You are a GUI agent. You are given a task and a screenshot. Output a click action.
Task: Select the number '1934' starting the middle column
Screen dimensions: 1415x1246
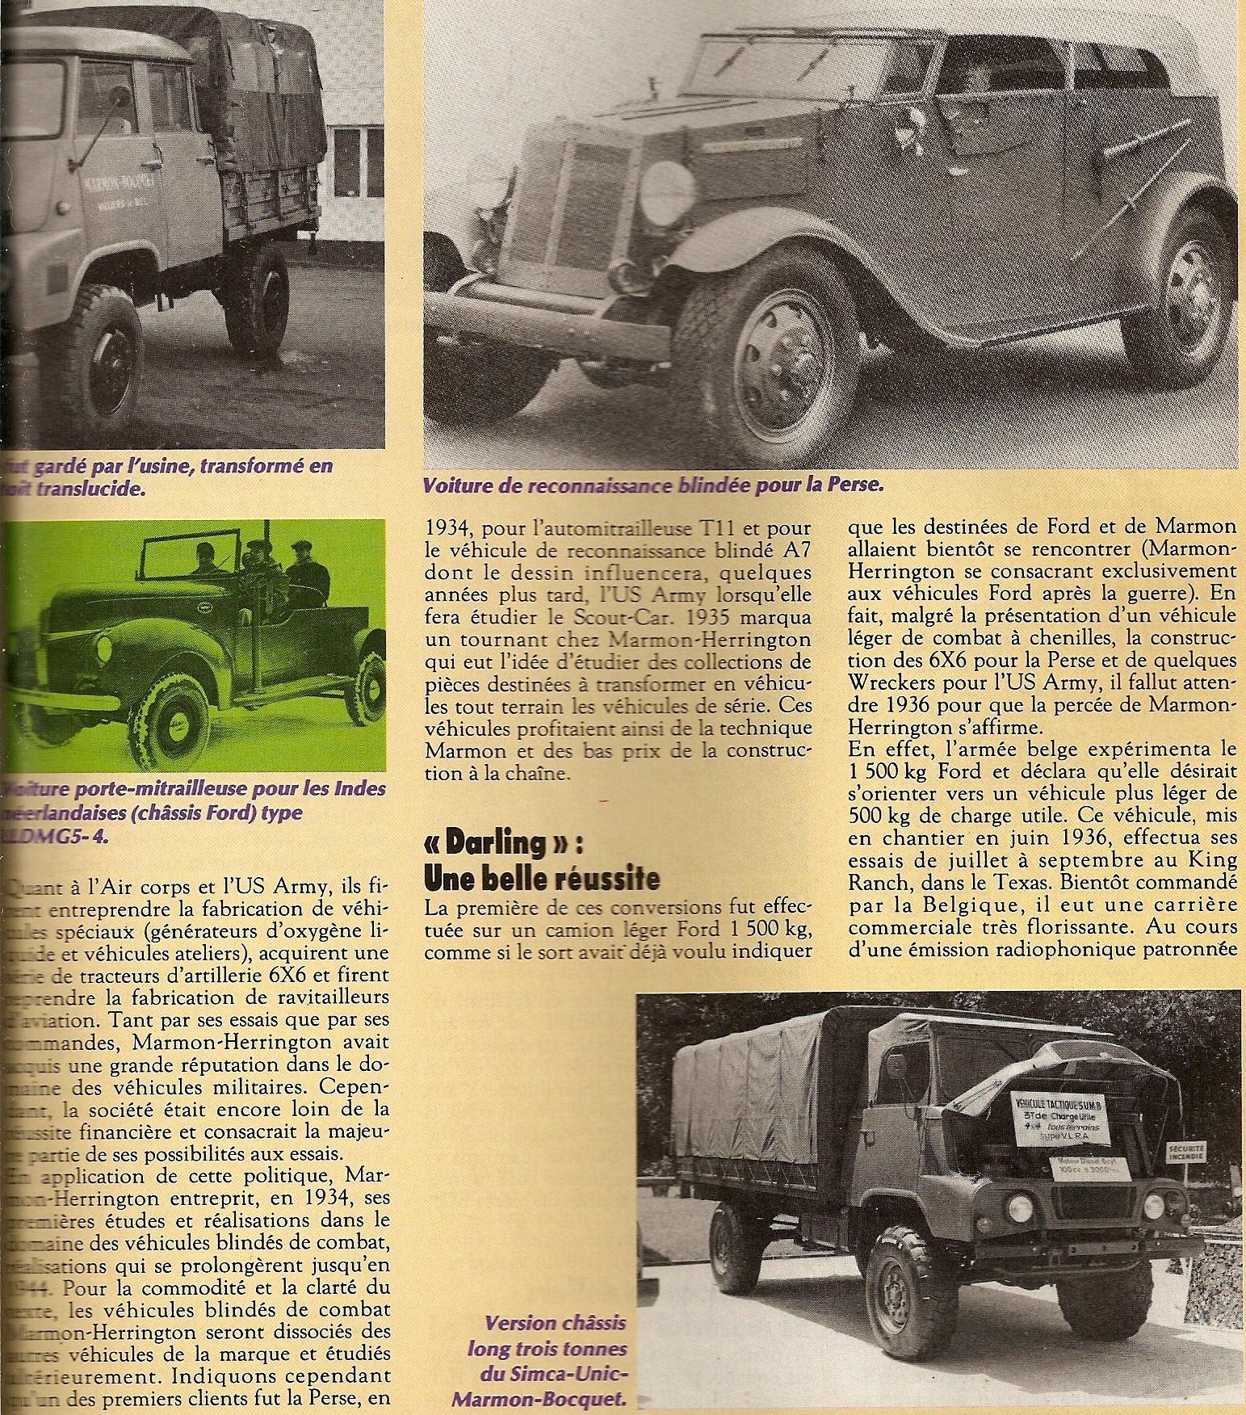pos(449,528)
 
